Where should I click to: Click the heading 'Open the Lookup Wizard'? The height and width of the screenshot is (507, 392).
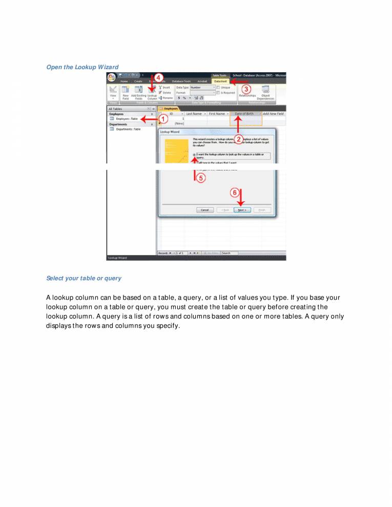point(82,67)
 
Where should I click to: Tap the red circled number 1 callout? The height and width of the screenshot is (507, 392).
point(162,119)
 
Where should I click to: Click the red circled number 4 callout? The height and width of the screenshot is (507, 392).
point(159,78)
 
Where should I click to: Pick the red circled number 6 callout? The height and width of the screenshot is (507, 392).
point(235,193)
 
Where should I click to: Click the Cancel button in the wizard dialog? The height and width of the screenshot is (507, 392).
point(204,210)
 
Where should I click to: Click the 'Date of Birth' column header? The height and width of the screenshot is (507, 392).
point(244,113)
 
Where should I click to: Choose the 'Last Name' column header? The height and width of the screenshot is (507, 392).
point(193,113)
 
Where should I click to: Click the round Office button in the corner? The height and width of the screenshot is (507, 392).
point(111,77)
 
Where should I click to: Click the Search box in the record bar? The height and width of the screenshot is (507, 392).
point(231,253)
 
